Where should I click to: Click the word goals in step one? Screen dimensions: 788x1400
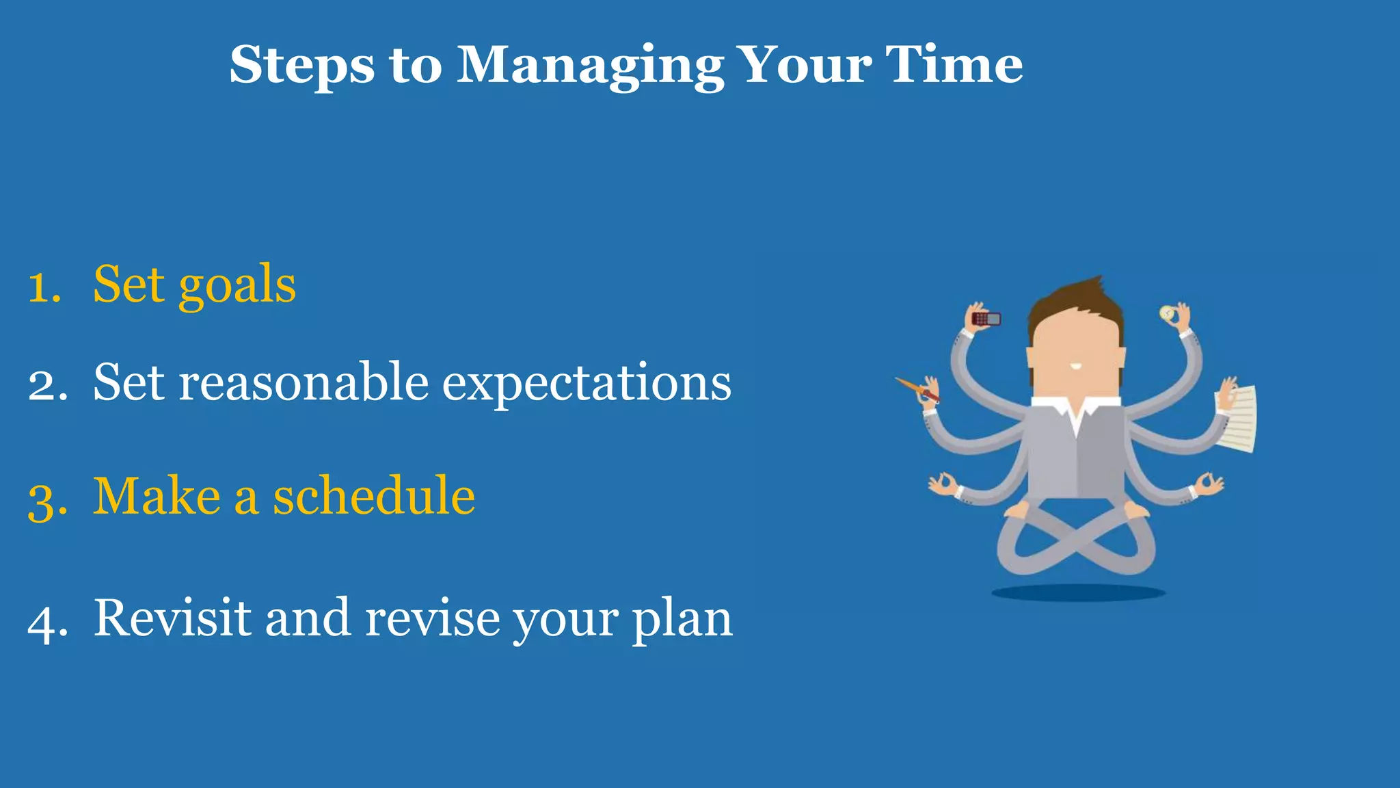click(x=237, y=286)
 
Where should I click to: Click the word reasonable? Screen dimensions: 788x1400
click(x=304, y=383)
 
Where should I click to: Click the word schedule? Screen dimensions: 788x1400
click(x=374, y=496)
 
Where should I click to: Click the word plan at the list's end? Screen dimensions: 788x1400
click(x=682, y=620)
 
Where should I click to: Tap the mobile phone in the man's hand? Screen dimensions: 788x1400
click(x=986, y=319)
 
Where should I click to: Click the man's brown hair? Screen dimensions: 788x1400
click(x=1073, y=301)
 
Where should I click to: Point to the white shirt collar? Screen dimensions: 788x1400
click(x=1076, y=410)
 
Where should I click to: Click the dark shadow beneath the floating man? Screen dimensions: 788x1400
click(x=1078, y=593)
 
